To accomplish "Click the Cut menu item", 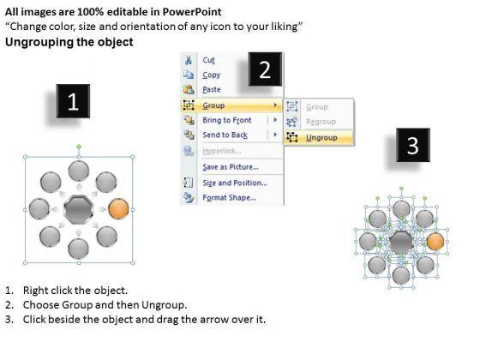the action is coord(208,60).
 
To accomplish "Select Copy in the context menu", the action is coord(211,75).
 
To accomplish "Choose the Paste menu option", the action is coord(212,89).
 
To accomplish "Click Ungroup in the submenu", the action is coord(321,138).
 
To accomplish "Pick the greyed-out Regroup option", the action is coord(321,122).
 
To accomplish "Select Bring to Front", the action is coord(227,120).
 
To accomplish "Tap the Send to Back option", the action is coord(225,135).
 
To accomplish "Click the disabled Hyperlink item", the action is coord(222,151).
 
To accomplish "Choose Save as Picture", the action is coord(231,167).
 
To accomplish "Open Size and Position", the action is coord(235,183).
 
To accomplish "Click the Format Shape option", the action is coord(230,197).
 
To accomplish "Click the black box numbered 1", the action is coord(73,101).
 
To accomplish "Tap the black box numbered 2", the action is coord(265,69).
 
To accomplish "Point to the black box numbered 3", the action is coord(413,145).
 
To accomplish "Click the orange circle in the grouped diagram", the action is coord(118,209).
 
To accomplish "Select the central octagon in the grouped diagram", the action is coord(79,210).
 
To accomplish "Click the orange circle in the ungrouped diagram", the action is coord(435,241).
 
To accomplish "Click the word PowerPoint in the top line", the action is coord(192,12).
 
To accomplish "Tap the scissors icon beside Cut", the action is coord(189,60).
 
